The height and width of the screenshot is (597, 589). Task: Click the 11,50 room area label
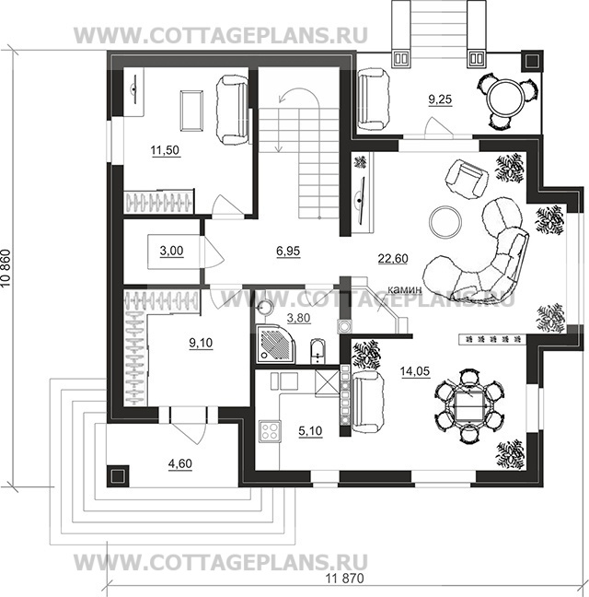165,150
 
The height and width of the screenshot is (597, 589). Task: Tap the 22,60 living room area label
393,259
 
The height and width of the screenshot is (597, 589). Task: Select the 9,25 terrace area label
440,99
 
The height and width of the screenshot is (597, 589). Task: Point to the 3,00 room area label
171,251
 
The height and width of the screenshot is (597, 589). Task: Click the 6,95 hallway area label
288,251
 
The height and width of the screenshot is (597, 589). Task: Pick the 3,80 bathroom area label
298,318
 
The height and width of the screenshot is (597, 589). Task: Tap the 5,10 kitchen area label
310,431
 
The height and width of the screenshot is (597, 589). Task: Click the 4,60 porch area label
179,463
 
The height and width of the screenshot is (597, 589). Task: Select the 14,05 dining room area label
415,370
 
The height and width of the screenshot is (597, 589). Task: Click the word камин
405,289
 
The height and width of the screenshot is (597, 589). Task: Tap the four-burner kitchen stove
270,431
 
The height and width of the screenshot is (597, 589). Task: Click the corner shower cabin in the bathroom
275,344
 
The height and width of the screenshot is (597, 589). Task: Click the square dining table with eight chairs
469,406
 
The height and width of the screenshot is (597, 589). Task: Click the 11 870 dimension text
344,579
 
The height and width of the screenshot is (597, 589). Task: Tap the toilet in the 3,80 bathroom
318,351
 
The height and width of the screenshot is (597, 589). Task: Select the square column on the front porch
118,476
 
